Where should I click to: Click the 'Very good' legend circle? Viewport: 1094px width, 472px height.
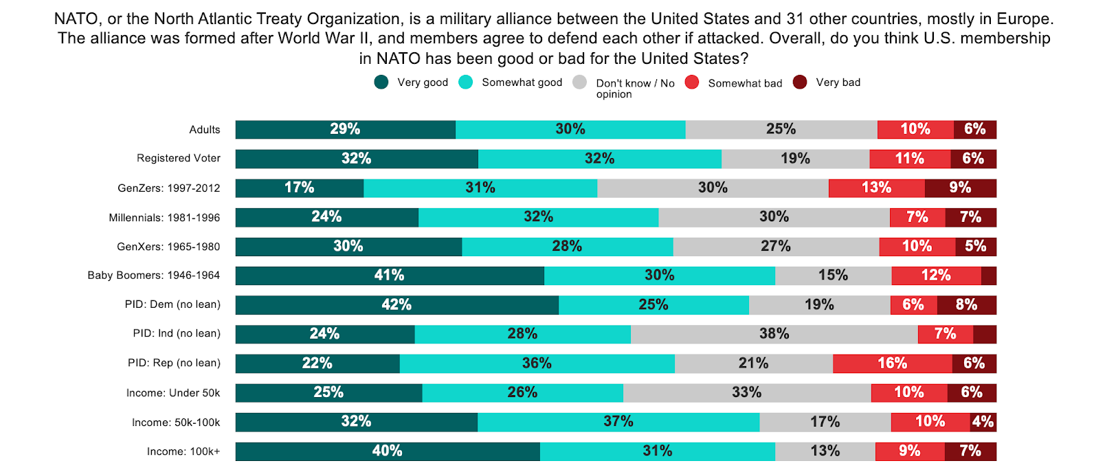tap(381, 82)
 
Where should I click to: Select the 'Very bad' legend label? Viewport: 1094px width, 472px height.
tap(838, 82)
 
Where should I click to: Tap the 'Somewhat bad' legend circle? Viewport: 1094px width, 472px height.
tap(692, 82)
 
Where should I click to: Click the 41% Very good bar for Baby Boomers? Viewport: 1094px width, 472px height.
tap(390, 276)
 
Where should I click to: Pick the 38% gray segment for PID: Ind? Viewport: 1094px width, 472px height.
tap(774, 334)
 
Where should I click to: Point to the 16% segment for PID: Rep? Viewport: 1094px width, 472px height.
tap(892, 363)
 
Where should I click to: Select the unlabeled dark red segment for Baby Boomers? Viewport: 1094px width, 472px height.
tap(988, 276)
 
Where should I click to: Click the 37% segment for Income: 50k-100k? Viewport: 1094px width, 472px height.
tap(618, 422)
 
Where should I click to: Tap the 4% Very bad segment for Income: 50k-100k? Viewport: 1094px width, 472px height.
tap(983, 422)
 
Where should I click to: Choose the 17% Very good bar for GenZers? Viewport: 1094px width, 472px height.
tap(300, 188)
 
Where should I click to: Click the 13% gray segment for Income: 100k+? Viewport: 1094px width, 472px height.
tap(825, 451)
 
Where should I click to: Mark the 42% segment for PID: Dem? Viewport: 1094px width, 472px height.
tap(397, 305)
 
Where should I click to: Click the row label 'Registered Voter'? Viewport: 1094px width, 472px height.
tap(179, 158)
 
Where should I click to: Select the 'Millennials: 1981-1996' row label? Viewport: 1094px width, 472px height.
tap(164, 218)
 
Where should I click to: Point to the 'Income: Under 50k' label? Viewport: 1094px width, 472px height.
tap(173, 393)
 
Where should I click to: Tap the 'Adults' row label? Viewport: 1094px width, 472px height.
tap(205, 130)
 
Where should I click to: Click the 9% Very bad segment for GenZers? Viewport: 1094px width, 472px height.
tap(960, 188)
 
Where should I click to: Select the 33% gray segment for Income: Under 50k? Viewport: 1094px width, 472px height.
tap(746, 392)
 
